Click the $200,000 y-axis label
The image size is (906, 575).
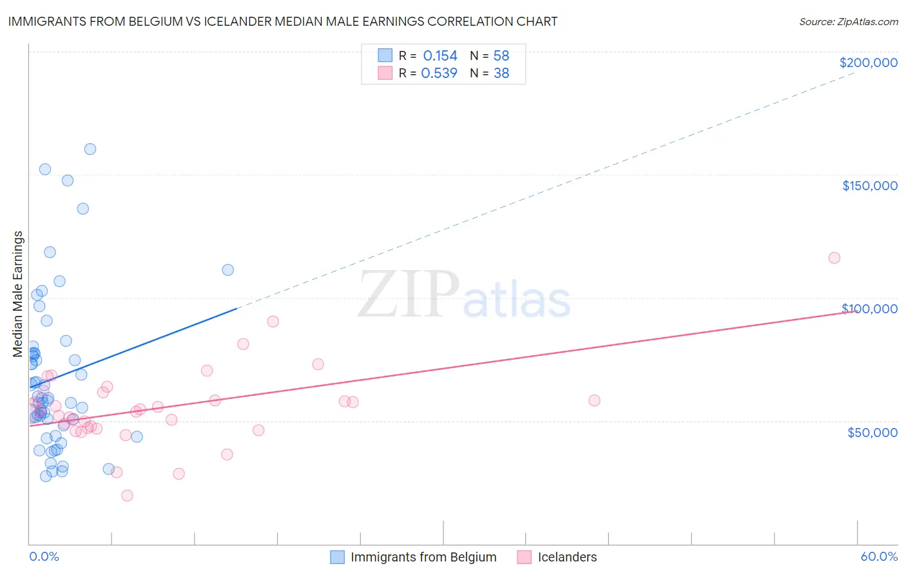click(x=868, y=63)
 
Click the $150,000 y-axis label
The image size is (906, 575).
click(x=869, y=186)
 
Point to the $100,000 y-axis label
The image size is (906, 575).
click(x=869, y=309)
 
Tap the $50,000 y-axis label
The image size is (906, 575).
click(x=872, y=432)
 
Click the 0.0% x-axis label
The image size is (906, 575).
click(x=44, y=556)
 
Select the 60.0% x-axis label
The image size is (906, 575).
click(x=879, y=556)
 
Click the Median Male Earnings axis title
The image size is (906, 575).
click(x=18, y=294)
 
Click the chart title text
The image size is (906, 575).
click(x=283, y=21)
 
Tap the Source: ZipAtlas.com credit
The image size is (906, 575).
click(x=848, y=21)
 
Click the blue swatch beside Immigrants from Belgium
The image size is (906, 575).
click(x=337, y=557)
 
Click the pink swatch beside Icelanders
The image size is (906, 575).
click(x=525, y=557)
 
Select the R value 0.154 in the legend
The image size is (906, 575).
click(x=440, y=56)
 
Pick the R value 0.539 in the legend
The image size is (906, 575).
click(x=439, y=73)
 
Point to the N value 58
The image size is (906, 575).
click(x=501, y=56)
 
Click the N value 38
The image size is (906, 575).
click(x=501, y=73)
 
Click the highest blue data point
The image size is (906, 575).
click(x=90, y=149)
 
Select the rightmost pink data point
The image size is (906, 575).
click(x=834, y=258)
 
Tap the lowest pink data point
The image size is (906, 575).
click(x=127, y=495)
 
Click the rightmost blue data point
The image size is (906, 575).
click(x=227, y=270)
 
